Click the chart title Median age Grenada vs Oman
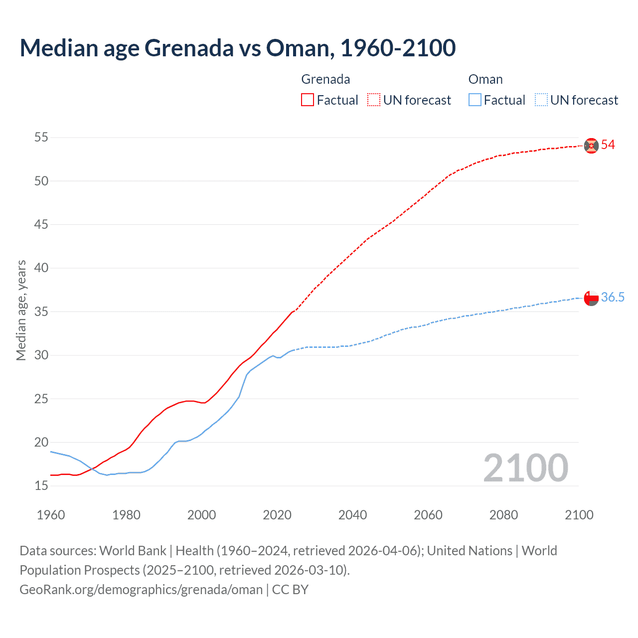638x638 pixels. tap(237, 48)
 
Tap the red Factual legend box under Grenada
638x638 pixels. tap(308, 100)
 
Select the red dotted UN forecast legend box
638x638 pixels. tap(374, 100)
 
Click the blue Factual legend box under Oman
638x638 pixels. tap(475, 100)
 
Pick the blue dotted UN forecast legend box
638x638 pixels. tap(541, 100)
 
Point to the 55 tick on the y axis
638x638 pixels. tap(41, 137)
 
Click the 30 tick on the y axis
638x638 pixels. tap(41, 355)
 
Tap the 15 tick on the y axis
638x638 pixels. tap(41, 486)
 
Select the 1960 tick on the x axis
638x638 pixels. tap(51, 515)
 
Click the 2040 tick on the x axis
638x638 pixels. tap(352, 515)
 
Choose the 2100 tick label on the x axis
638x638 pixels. tap(579, 515)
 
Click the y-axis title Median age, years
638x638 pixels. tap(21, 311)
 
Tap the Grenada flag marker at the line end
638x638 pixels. tap(591, 146)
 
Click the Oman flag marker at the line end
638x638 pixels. tap(591, 298)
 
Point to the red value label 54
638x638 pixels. tap(608, 145)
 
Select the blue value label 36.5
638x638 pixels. tap(613, 298)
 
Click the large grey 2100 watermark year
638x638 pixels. tap(525, 468)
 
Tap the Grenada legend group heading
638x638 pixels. tap(325, 79)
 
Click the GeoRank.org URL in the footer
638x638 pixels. tap(141, 590)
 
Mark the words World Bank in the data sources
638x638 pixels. tap(133, 551)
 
